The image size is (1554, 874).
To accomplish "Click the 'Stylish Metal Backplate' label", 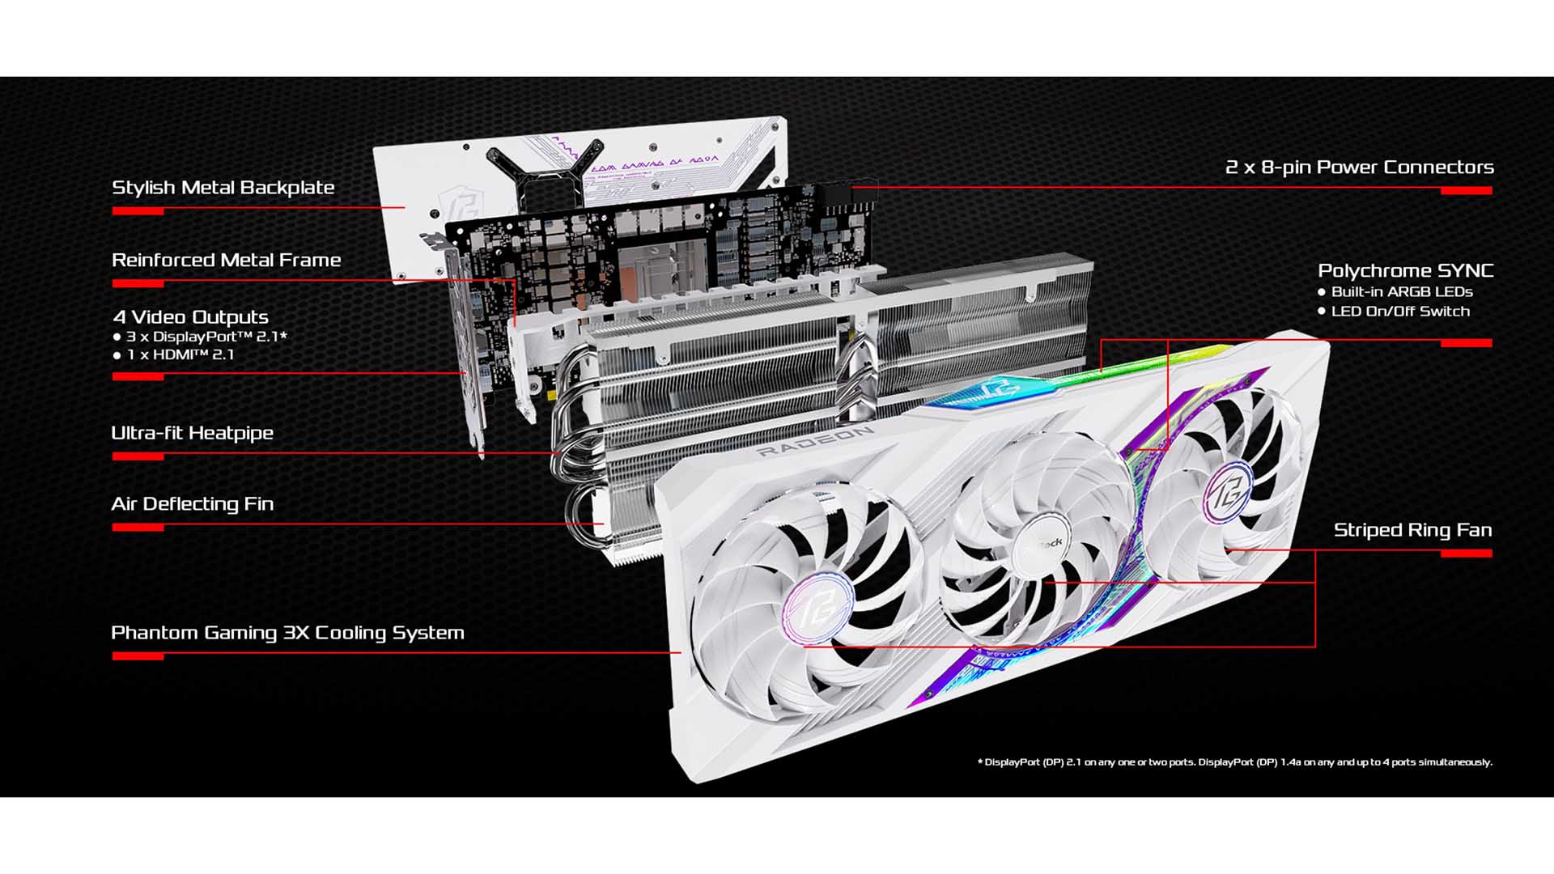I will coord(223,188).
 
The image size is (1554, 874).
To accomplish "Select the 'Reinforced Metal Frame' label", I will coord(226,261).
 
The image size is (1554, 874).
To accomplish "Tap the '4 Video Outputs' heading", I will coord(191,317).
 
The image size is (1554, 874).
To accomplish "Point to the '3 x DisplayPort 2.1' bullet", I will coord(206,337).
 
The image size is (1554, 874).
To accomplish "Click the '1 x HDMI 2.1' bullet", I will coord(180,355).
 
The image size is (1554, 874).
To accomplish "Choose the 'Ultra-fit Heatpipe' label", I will coord(192,433).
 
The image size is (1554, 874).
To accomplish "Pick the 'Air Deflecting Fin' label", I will coord(192,504).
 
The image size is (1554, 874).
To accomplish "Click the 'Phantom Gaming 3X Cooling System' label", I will coord(287,633).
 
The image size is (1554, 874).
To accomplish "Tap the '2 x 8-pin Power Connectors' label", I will coord(1359,168).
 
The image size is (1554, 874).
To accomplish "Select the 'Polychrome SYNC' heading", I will coord(1405,271).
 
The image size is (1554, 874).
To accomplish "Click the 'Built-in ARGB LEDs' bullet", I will coord(1401,292).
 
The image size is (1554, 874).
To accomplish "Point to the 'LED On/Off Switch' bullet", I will coord(1399,312).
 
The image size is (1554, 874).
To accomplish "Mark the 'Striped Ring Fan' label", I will coord(1412,531).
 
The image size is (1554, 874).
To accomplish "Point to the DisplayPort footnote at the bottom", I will coord(1234,762).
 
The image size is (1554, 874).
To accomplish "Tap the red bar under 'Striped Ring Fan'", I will coord(1466,554).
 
